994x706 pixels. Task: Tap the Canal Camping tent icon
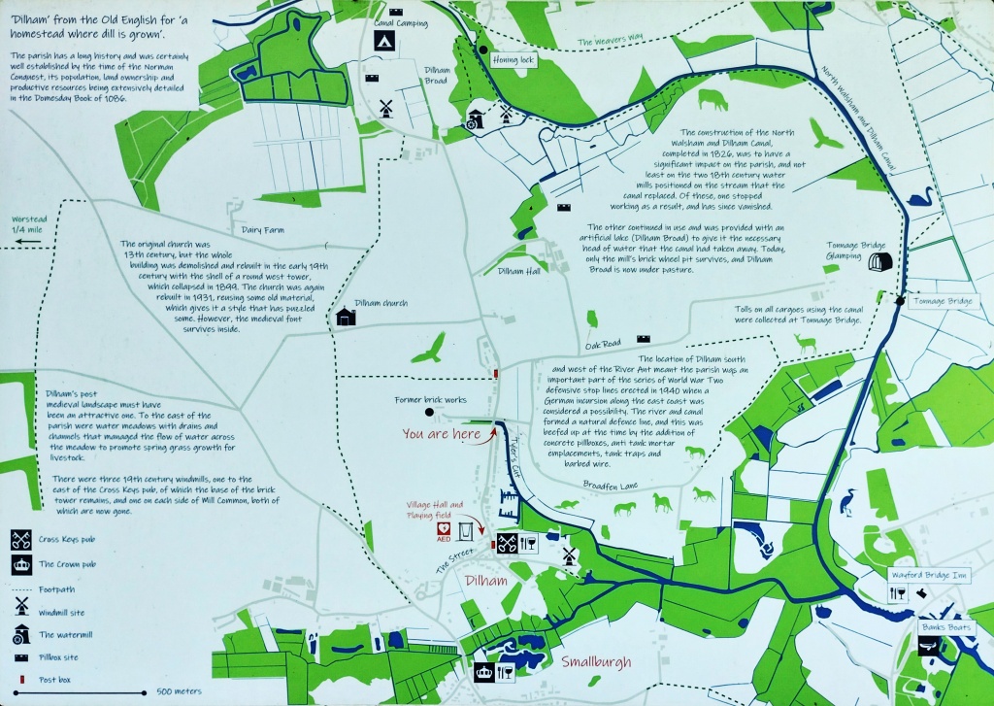(x=384, y=41)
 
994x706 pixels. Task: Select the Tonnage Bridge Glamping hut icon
(x=879, y=264)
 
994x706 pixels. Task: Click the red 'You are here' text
(x=441, y=434)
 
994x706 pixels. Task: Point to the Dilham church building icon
(x=346, y=317)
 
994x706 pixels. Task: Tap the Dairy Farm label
(x=263, y=229)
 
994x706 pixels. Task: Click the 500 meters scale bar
(x=111, y=692)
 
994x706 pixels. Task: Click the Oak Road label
(x=602, y=344)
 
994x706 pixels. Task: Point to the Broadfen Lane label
(x=610, y=483)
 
